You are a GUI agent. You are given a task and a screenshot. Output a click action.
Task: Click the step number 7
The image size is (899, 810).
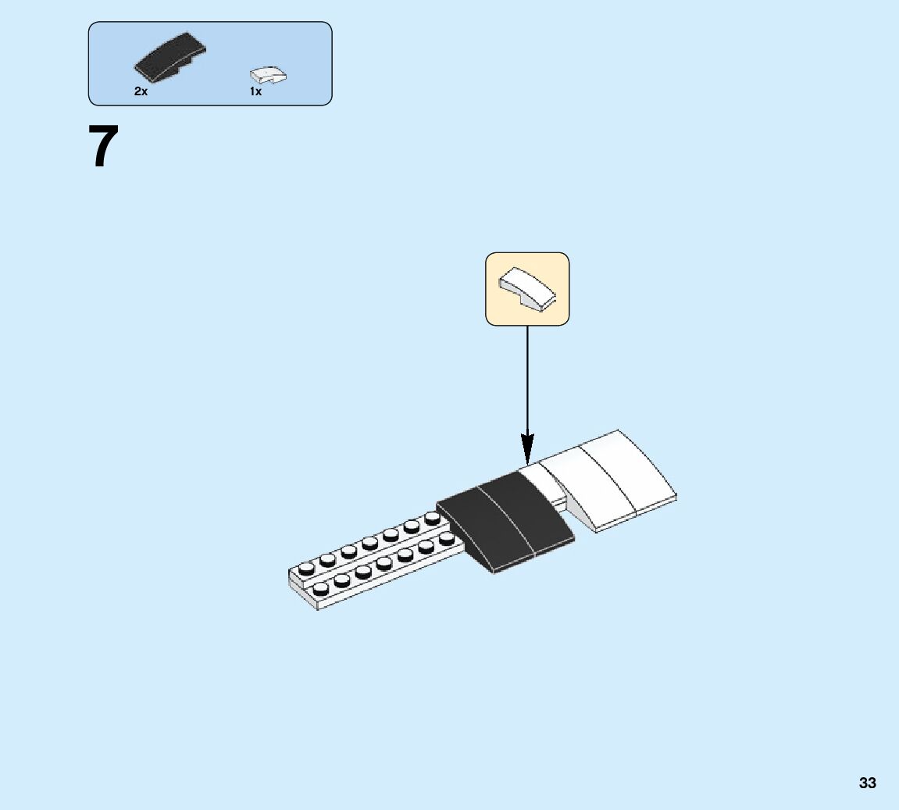tap(105, 147)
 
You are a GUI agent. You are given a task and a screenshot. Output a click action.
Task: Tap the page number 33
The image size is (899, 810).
tap(867, 783)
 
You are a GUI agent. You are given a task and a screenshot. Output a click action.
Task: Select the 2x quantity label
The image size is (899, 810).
tap(141, 91)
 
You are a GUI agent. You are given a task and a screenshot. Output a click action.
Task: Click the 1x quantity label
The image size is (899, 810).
tap(255, 91)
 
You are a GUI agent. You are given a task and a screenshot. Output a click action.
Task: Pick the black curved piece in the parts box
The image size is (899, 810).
tap(170, 59)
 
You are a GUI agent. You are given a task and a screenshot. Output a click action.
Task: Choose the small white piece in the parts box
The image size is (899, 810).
tap(268, 75)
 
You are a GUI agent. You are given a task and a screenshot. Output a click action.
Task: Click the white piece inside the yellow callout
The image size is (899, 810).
tap(527, 289)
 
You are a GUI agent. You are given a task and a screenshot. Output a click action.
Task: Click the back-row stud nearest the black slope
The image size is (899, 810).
tap(432, 519)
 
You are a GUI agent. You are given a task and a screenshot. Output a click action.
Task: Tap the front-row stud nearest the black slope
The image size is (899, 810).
tap(446, 539)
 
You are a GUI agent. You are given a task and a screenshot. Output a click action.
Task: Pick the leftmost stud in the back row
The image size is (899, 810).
tap(305, 569)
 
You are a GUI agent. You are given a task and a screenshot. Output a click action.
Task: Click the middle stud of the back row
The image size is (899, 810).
tap(369, 543)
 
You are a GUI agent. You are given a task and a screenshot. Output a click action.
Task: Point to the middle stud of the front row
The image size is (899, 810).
tap(383, 563)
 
